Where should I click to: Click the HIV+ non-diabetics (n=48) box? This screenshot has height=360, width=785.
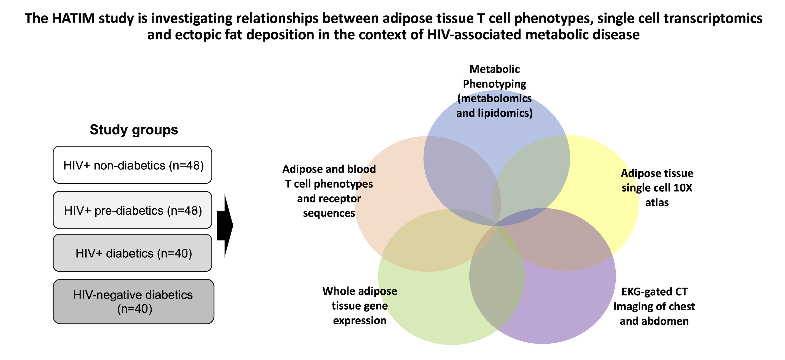click(x=132, y=165)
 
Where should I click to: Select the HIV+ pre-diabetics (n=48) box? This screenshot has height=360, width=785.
click(x=132, y=210)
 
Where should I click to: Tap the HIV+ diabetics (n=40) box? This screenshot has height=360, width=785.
click(x=132, y=253)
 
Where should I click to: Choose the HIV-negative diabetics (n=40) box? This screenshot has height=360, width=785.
click(x=133, y=301)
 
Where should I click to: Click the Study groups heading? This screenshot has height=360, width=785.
click(x=134, y=130)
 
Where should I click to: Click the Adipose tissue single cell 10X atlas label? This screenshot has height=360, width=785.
click(x=657, y=188)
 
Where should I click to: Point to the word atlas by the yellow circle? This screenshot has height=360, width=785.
click(x=657, y=202)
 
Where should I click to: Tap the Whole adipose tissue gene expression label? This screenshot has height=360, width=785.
click(x=360, y=306)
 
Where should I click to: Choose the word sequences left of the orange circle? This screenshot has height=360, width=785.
click(x=329, y=213)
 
